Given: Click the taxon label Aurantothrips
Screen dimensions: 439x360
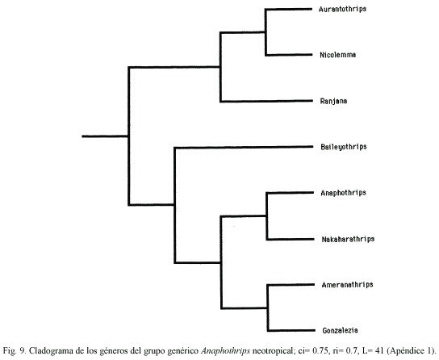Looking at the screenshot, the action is tap(342, 9).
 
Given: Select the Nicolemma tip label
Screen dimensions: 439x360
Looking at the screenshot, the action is tap(338, 55).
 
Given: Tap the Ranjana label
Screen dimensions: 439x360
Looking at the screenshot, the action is tap(333, 101).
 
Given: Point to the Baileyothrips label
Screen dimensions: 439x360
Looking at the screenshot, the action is tap(344, 147).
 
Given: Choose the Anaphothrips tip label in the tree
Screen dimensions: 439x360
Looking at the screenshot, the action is tap(343, 193).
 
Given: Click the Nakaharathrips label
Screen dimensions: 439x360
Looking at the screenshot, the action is tap(348, 239).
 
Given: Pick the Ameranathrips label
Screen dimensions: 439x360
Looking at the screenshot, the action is tap(347, 285).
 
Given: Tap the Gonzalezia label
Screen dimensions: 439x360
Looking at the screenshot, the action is tap(340, 330).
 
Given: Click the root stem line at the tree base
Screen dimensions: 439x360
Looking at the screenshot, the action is tap(105, 136).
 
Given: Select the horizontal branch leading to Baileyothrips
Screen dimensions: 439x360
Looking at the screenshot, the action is tap(244, 147).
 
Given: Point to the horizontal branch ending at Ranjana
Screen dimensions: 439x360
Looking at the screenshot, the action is tap(266, 101).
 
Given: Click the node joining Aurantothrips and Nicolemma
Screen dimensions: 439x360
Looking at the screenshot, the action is tap(265, 32).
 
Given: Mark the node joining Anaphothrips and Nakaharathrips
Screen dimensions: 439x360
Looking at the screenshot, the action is tap(266, 216).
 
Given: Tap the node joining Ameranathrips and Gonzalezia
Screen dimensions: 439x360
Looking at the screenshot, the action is tap(268, 308).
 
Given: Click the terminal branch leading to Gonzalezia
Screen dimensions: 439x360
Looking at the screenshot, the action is tap(291, 330).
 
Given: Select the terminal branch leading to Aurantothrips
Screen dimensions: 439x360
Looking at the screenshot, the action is tap(289, 9).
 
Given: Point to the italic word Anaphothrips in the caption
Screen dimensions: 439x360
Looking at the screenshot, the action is tap(225, 351).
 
